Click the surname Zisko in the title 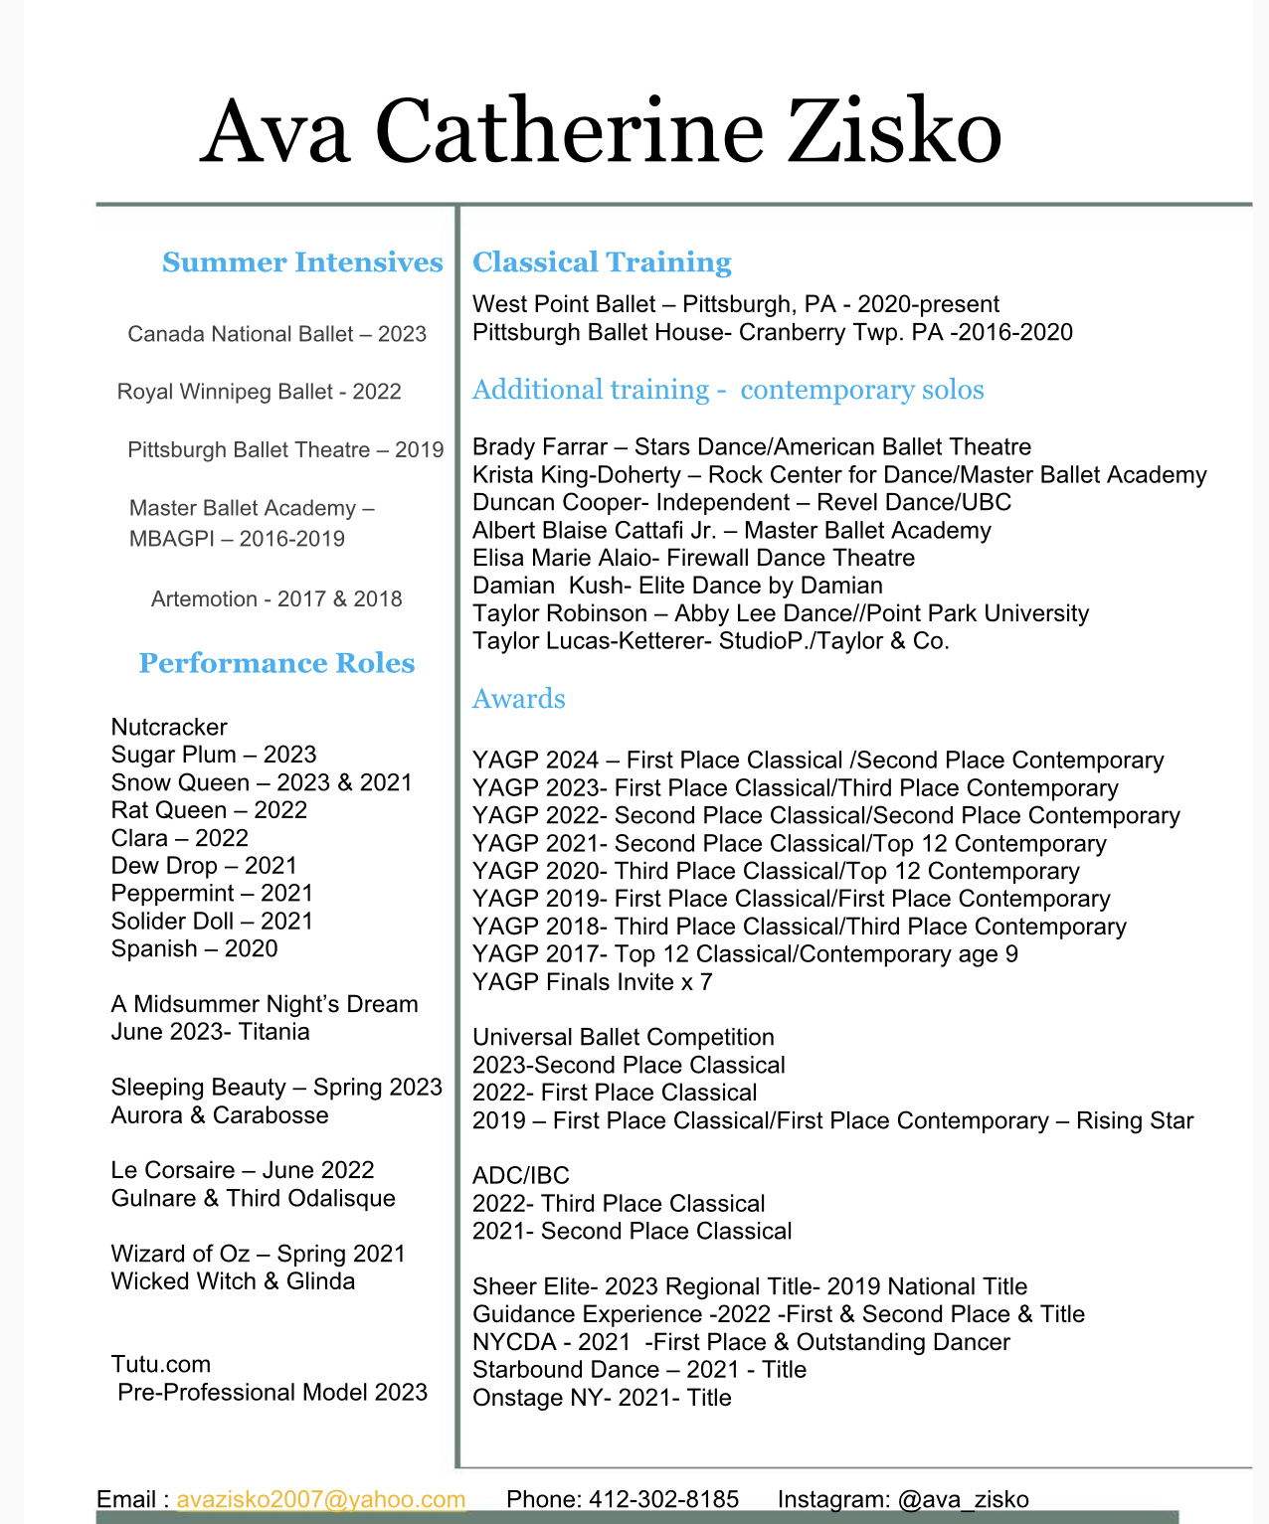(894, 132)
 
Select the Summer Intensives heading (302, 262)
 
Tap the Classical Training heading (602, 262)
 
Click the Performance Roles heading (276, 663)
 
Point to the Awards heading (518, 699)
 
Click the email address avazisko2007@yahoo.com (321, 1499)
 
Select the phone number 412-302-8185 (663, 1499)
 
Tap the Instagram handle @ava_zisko (963, 1499)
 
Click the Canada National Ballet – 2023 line (276, 334)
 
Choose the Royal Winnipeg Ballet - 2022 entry (259, 392)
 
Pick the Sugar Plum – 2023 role (214, 755)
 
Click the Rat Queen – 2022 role (209, 810)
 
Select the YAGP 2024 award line (817, 761)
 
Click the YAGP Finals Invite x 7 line (592, 982)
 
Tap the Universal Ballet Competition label (623, 1037)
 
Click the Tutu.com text (160, 1364)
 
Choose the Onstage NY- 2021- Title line (602, 1398)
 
